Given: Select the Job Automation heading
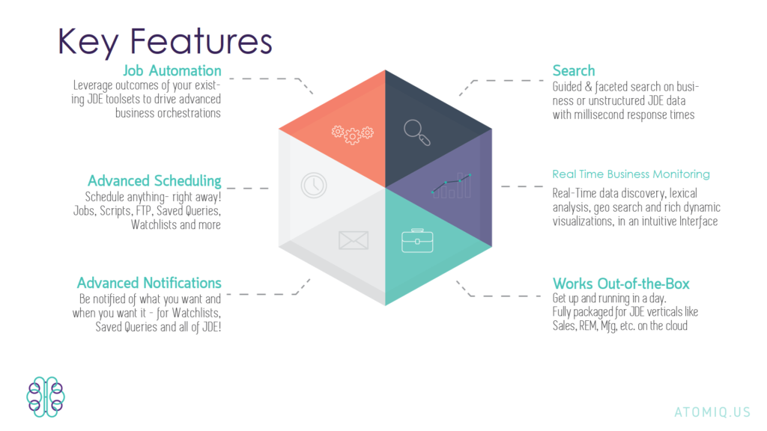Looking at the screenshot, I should (x=172, y=71).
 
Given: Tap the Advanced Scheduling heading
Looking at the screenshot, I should (x=154, y=181).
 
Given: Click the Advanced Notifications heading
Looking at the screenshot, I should (x=149, y=283).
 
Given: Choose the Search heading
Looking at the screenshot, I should (x=574, y=71).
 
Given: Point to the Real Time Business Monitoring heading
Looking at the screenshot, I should (x=631, y=174).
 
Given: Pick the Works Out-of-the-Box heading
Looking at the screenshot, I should (x=621, y=284).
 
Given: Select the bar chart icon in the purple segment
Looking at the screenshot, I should (x=451, y=186).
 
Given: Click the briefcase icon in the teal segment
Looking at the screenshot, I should (x=416, y=242).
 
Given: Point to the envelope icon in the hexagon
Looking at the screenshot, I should (x=353, y=240).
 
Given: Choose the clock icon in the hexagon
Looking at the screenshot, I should (x=315, y=186).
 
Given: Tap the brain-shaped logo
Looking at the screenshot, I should (x=46, y=396).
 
